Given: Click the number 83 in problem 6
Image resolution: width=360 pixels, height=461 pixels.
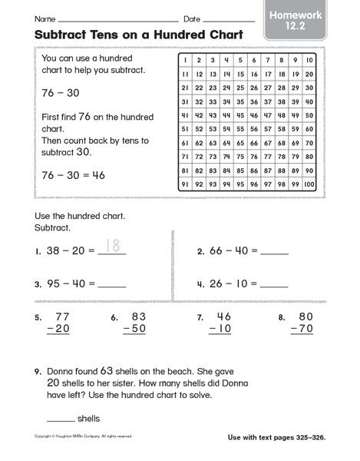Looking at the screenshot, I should point(139,316).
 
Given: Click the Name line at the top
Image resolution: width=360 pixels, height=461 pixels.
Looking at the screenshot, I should point(117,20).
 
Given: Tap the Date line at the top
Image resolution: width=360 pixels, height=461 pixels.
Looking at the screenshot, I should point(227,20).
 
